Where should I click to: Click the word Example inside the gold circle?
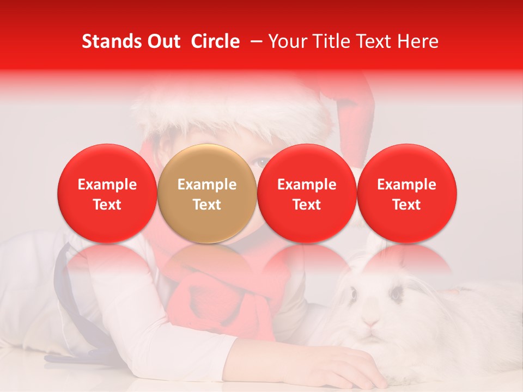[207, 185]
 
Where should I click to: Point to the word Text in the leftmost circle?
[107, 205]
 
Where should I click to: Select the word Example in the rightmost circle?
[406, 185]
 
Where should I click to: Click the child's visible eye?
[263, 161]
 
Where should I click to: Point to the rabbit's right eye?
[396, 295]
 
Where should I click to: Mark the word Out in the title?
[163, 41]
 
